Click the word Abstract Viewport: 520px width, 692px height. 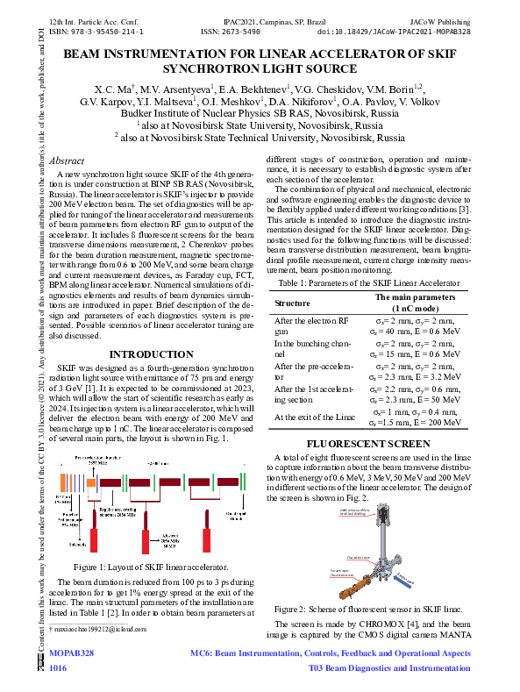68,161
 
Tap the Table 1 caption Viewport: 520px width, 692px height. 383,283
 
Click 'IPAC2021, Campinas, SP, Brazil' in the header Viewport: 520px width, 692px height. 260,19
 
